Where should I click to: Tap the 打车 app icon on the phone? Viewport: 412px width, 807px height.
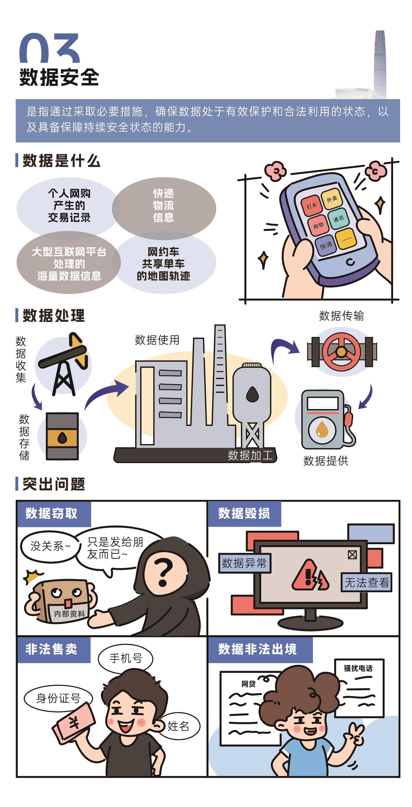[x=311, y=206]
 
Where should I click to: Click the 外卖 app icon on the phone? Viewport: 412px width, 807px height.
[x=331, y=199]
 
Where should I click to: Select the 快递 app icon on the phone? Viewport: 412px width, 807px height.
[x=326, y=245]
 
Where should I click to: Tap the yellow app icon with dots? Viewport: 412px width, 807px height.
[x=346, y=239]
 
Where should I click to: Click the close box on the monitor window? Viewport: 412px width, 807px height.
[x=352, y=555]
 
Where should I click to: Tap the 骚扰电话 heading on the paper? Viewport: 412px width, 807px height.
[x=358, y=669]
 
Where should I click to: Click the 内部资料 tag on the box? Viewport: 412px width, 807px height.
[x=69, y=613]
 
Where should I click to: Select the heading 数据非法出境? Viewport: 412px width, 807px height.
[x=257, y=649]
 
